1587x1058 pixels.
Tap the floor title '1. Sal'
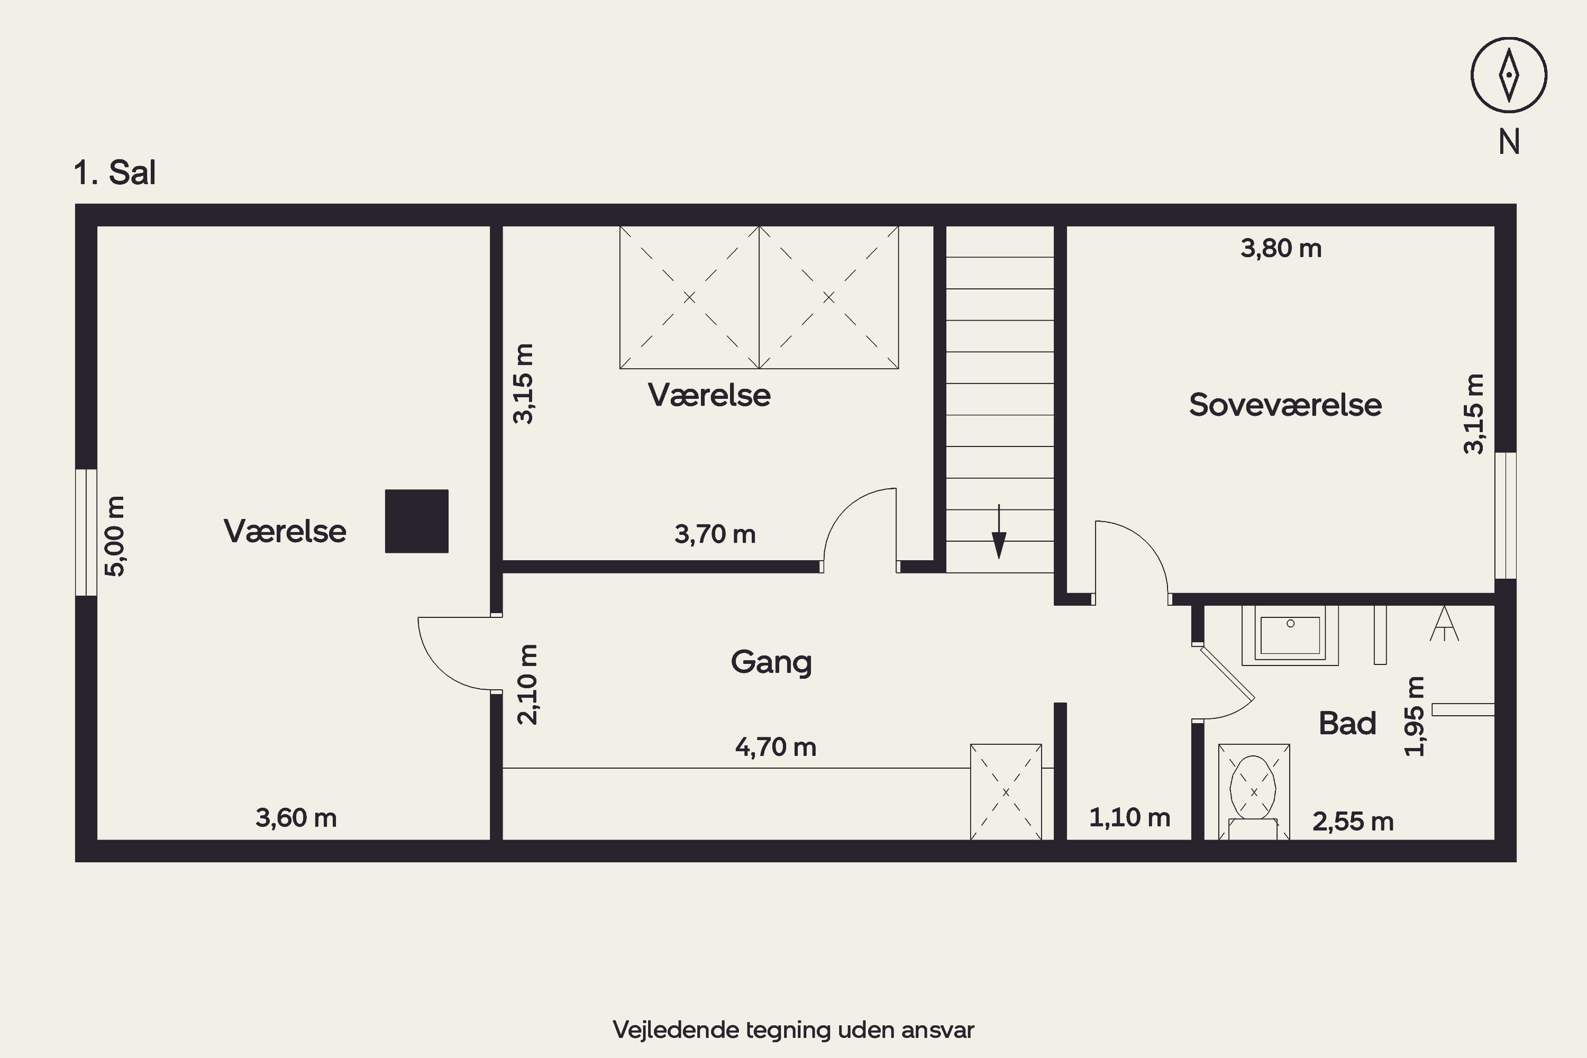pos(115,173)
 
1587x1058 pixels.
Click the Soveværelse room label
pos(1285,405)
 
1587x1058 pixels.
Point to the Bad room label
pos(1347,723)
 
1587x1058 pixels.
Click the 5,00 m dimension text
pos(115,536)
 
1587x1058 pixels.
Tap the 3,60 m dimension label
pos(296,818)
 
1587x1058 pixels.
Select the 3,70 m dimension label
pos(715,534)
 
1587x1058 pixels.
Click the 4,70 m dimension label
pos(776,747)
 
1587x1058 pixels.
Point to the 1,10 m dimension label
pos(1129,818)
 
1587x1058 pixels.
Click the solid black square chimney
pos(417,522)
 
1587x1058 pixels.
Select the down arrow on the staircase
pos(999,532)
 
